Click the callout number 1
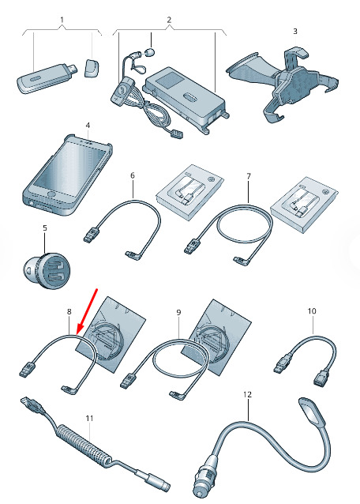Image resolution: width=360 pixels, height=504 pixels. coord(62,20)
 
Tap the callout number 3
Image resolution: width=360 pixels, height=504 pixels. coord(295,31)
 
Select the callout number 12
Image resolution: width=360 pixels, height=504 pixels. coord(248,394)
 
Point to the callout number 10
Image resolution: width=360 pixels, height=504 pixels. coord(312,310)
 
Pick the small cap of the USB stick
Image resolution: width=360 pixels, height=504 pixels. coord(92,67)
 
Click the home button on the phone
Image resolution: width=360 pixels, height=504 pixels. coord(51,194)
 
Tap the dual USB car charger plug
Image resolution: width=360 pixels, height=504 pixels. coord(49,270)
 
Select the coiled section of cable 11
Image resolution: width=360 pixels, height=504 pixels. coord(84,444)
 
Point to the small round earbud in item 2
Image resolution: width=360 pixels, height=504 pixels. coord(150,51)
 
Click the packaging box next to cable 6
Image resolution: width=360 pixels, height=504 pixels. coord(189,192)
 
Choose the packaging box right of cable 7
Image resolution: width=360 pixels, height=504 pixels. coord(304,205)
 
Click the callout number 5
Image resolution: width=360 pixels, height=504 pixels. coord(45,228)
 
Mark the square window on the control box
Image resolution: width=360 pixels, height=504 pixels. coord(168,78)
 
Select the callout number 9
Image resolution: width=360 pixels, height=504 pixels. coord(179,312)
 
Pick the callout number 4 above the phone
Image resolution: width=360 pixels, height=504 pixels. coord(88,125)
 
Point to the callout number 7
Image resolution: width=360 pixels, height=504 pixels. coord(249,176)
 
